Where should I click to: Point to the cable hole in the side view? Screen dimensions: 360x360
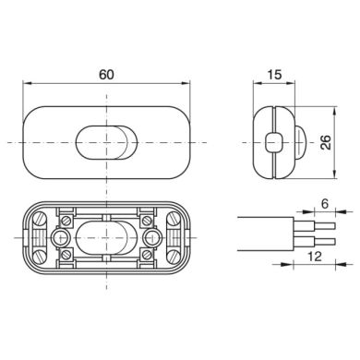click(x=273, y=142)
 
